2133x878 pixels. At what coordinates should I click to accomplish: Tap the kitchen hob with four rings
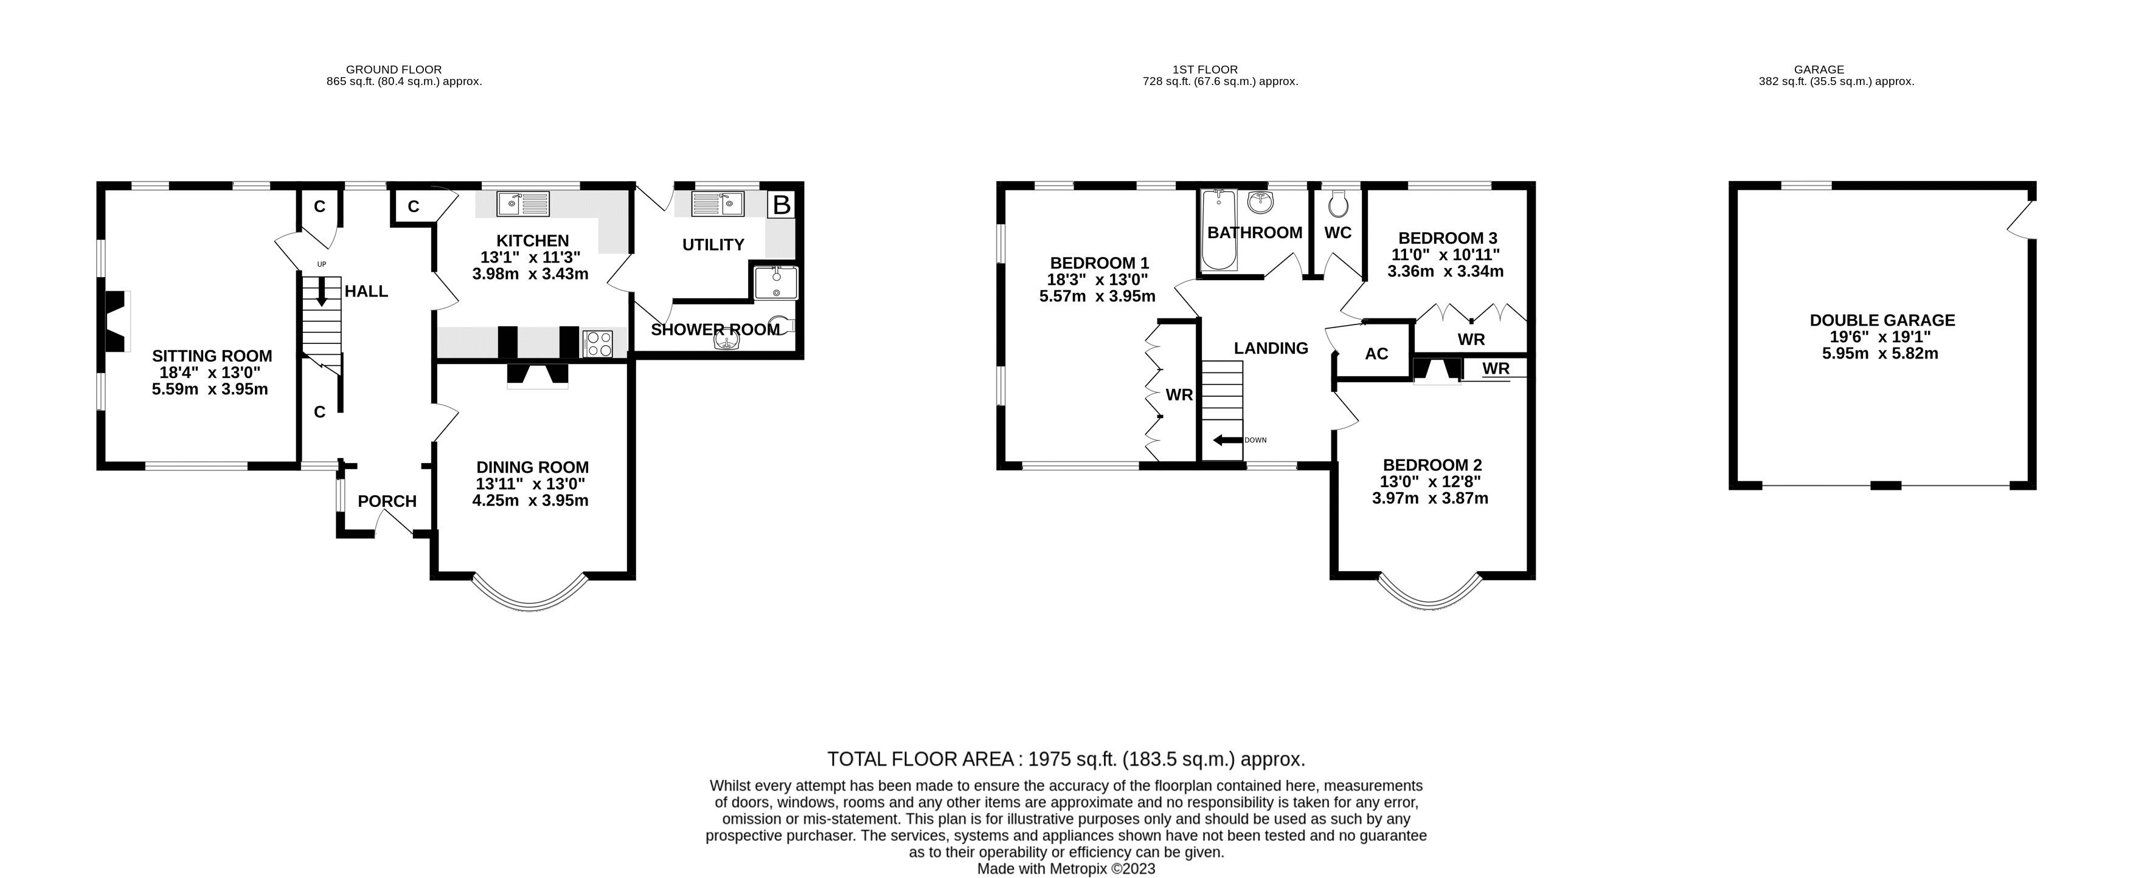click(x=598, y=343)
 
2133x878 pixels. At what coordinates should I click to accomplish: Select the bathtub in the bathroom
click(x=1217, y=230)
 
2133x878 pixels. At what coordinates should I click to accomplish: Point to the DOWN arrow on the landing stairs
click(x=1228, y=441)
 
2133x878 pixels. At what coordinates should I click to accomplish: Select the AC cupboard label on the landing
click(x=1376, y=354)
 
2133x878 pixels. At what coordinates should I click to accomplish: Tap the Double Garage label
click(x=1882, y=320)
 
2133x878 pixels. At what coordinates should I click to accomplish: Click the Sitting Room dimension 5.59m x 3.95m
click(x=210, y=389)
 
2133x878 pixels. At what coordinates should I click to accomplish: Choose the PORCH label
click(x=387, y=501)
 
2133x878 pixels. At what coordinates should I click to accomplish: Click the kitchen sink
click(x=523, y=202)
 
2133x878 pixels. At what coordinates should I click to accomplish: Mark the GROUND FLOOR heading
click(x=394, y=69)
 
